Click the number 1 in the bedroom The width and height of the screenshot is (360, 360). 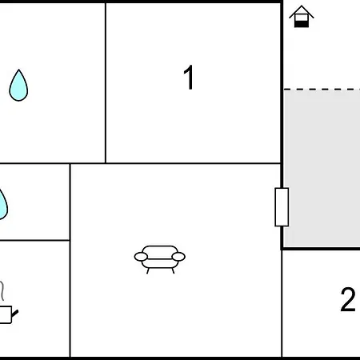point(189,78)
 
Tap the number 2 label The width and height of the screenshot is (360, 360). point(348,299)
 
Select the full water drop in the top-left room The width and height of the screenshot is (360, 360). point(18,86)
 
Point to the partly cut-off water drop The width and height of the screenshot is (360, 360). point(2,204)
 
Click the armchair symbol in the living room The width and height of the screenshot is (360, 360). point(160,259)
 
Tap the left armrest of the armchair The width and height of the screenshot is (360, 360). point(141,257)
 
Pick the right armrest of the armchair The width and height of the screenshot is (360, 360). point(178,257)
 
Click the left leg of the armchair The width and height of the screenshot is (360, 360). point(148,271)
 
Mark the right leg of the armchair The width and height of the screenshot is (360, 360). point(173,271)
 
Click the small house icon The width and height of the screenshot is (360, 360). point(302,16)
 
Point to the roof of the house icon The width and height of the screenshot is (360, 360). point(302,10)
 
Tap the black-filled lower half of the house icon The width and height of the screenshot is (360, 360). point(302,24)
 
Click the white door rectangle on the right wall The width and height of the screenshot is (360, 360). point(282,207)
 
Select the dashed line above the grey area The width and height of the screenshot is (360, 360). point(322,90)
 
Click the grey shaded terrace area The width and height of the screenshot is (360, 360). point(322,168)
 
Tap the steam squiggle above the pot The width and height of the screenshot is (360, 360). point(2,290)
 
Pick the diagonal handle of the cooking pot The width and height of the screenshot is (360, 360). point(14,314)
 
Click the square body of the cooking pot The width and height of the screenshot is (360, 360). point(6,314)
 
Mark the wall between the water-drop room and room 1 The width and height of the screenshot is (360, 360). point(106,82)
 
